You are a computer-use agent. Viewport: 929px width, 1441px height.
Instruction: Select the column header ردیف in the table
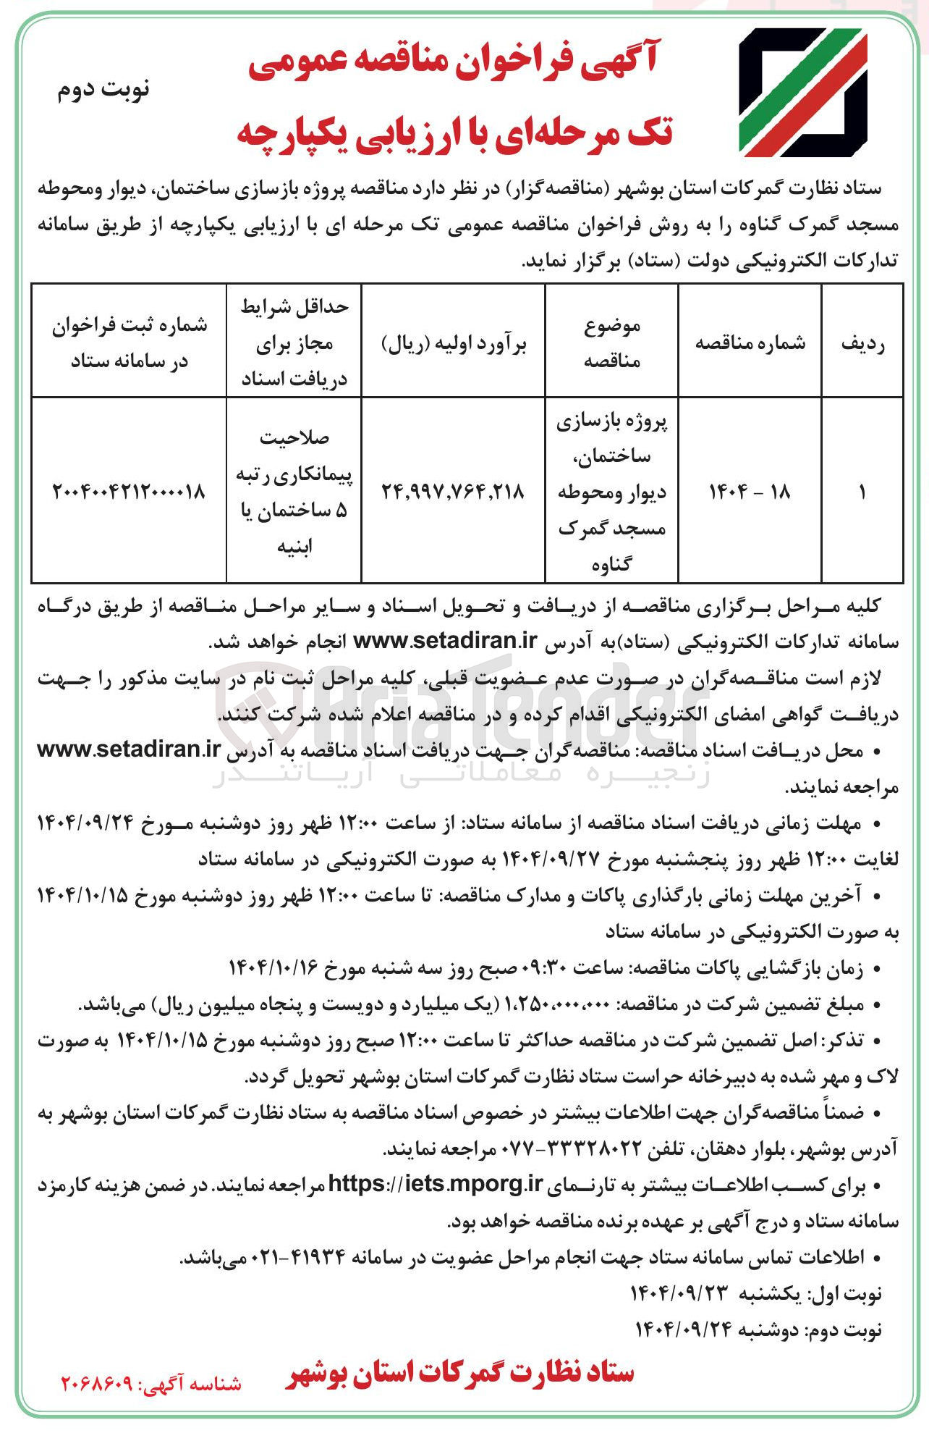click(862, 343)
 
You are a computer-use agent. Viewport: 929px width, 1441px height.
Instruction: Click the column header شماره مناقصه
click(750, 343)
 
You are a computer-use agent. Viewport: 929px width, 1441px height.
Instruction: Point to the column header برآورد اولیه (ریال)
click(453, 343)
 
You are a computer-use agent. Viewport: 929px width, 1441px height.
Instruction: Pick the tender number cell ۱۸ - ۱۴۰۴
click(750, 492)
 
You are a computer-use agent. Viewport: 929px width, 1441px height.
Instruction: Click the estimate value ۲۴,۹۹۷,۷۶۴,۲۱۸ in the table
click(453, 492)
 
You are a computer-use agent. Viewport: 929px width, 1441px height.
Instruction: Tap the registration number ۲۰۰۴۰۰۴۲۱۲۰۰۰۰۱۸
click(129, 492)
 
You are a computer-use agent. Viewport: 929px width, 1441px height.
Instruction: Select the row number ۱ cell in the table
click(862, 492)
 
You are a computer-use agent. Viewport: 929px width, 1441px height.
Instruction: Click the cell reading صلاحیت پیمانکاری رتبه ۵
click(294, 492)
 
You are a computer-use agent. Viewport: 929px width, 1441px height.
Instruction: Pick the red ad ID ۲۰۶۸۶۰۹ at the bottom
click(97, 1383)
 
